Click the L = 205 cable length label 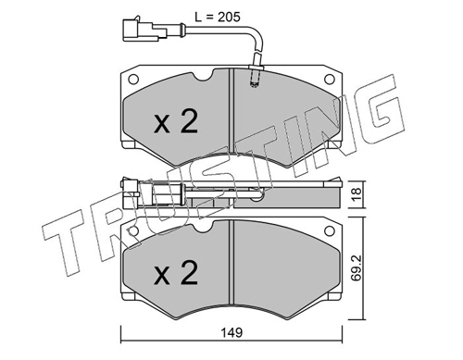click(218, 18)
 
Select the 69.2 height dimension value click(357, 268)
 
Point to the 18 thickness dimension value click(357, 194)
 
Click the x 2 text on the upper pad click(176, 121)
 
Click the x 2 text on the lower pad click(176, 272)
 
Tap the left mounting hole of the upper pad click(133, 80)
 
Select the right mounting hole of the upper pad click(330, 80)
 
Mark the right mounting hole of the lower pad click(330, 230)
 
